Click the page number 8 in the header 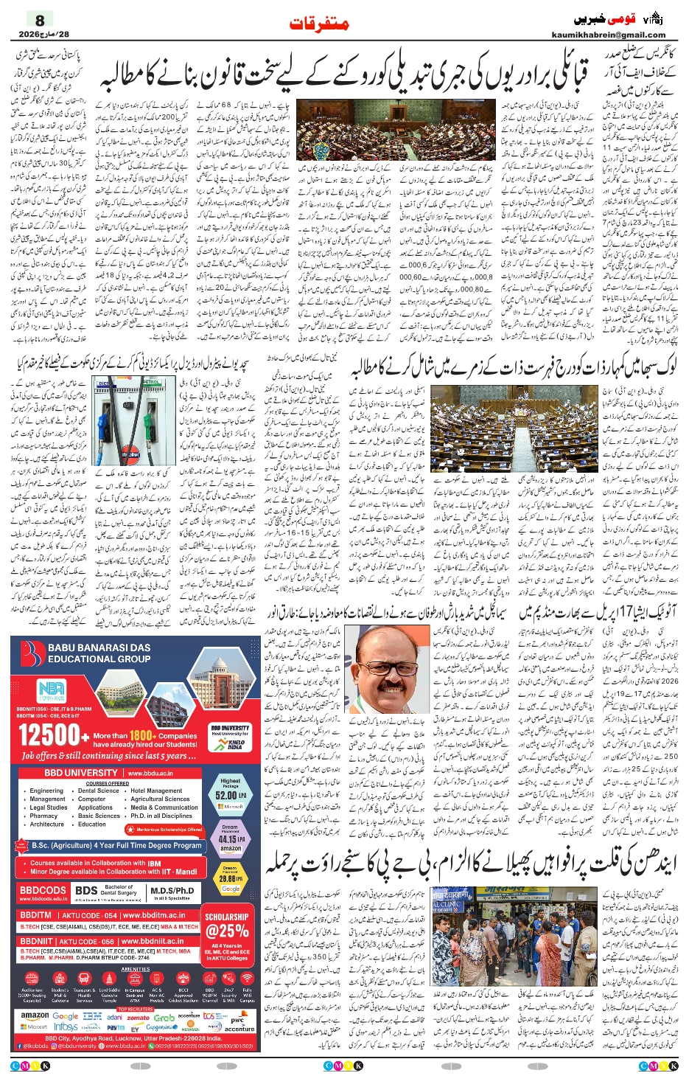pos(41,20)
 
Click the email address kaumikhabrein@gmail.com pos(609,35)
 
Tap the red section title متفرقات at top pos(319,24)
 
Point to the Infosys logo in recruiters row pos(66,1027)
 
